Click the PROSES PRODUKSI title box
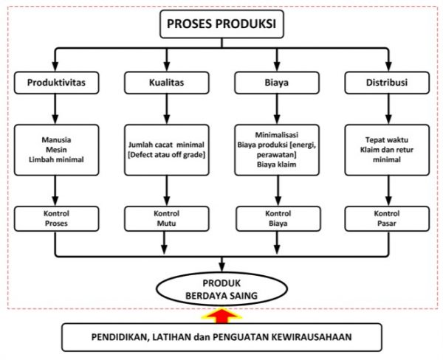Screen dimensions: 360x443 [x=221, y=27]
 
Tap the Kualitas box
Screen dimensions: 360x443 [x=166, y=83]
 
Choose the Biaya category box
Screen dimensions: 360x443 [x=277, y=83]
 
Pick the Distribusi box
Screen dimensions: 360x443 [x=387, y=83]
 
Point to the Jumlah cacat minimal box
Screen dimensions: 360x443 [x=166, y=150]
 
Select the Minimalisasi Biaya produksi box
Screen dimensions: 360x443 [x=277, y=150]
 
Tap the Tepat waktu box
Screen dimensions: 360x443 [x=387, y=150]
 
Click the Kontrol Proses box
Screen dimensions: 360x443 [x=56, y=218]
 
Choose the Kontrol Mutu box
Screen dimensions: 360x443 [x=166, y=218]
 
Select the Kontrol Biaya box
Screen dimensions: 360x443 [x=277, y=218]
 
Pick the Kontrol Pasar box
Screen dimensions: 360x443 [x=387, y=218]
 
